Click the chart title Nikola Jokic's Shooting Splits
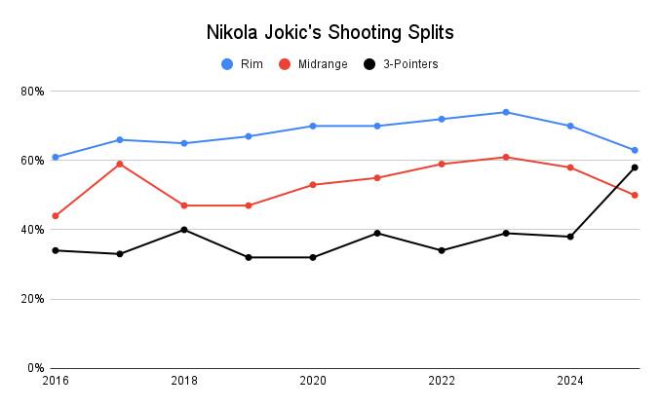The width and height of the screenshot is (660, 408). (x=330, y=31)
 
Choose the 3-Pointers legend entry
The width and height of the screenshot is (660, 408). (x=400, y=64)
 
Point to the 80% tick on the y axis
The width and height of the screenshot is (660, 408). (x=32, y=92)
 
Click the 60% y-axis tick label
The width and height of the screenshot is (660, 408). (x=32, y=161)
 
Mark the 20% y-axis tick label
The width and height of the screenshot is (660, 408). (x=32, y=299)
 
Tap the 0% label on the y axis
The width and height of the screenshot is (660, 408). (x=35, y=368)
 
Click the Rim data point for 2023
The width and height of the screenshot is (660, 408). (x=506, y=112)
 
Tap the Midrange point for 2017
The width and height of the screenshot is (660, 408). (x=119, y=164)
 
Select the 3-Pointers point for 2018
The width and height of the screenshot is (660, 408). (x=183, y=230)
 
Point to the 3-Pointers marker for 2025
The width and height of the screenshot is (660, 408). (x=635, y=167)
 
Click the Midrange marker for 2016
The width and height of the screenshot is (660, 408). (x=55, y=216)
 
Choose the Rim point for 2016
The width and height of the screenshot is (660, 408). (x=55, y=157)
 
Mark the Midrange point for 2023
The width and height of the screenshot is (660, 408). (x=506, y=157)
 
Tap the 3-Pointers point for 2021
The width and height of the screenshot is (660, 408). (x=377, y=233)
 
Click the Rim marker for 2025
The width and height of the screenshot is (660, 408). (x=635, y=150)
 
